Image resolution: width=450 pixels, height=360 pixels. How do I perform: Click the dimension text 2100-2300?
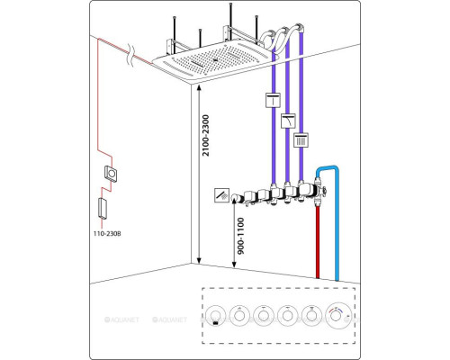click(x=206, y=135)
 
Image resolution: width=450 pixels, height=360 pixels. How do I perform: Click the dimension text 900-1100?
click(x=241, y=236)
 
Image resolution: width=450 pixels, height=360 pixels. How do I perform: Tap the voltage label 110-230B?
click(x=107, y=233)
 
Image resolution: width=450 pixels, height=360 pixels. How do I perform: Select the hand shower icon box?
click(x=222, y=195)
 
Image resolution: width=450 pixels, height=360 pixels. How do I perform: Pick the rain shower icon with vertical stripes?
click(x=301, y=139)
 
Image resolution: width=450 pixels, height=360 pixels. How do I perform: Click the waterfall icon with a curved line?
click(x=288, y=121)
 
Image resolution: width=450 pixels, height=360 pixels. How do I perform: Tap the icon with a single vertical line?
click(x=274, y=100)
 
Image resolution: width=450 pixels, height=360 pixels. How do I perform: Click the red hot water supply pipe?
click(x=318, y=241)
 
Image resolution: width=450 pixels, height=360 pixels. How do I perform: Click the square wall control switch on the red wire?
click(x=111, y=174)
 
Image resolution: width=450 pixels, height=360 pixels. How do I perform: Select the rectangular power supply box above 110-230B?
click(x=103, y=208)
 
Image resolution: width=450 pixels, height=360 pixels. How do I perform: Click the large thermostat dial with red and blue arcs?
click(x=338, y=316)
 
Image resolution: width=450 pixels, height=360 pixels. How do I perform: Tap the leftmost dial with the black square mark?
click(x=215, y=316)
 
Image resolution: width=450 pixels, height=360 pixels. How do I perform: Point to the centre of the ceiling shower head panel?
click(x=214, y=59)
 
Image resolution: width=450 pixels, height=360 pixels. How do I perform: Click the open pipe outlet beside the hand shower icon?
click(x=234, y=197)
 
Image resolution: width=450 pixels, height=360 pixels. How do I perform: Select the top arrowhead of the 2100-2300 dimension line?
click(x=198, y=87)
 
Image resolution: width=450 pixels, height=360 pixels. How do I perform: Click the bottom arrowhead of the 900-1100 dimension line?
click(x=234, y=265)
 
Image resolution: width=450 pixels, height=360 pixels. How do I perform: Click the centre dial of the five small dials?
click(x=264, y=316)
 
